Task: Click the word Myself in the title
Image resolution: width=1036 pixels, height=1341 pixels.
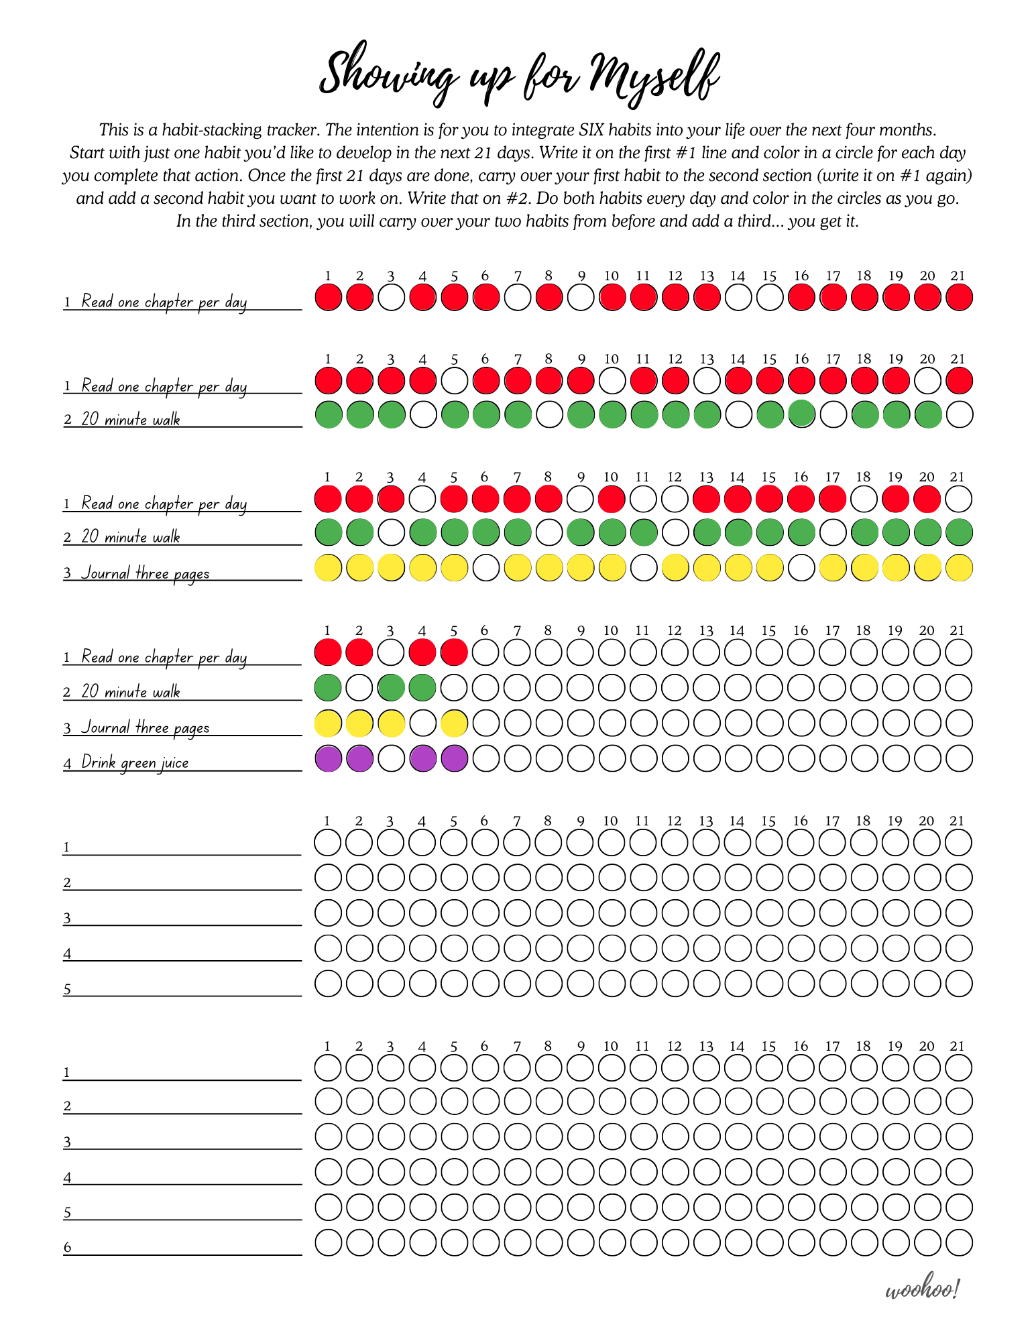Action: coord(654,75)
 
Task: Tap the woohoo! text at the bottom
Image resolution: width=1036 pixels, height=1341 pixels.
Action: coord(923,1289)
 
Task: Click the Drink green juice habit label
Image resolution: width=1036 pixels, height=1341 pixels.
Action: coord(135,762)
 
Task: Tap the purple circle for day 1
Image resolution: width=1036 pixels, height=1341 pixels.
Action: coord(328,758)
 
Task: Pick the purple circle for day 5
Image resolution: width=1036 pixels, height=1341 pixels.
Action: coord(454,758)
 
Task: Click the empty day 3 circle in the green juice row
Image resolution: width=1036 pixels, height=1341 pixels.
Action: coord(391,758)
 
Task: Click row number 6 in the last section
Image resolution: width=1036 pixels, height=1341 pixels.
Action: coord(67,1247)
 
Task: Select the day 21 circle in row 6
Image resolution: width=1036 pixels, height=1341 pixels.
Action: coord(959,1242)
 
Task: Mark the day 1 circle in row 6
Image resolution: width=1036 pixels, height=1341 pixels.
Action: coord(328,1242)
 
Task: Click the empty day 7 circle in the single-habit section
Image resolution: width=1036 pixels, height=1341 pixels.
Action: coord(517,297)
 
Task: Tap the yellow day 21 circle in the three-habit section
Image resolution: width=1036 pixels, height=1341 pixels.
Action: coord(959,567)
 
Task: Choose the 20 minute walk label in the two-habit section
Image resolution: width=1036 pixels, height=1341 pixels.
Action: coord(131,419)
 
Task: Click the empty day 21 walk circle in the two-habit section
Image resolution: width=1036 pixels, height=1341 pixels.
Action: coord(959,414)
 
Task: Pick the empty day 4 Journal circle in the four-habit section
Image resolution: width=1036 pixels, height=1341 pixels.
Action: coord(422,723)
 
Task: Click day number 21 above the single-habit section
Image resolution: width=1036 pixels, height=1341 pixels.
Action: coord(958,276)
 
